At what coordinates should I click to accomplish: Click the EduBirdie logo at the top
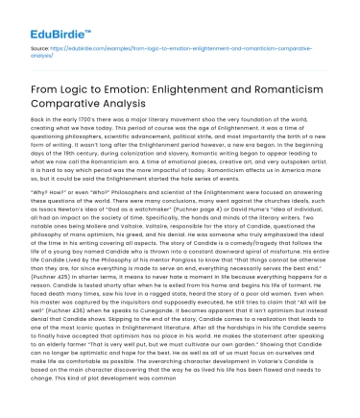pos(43,17)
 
